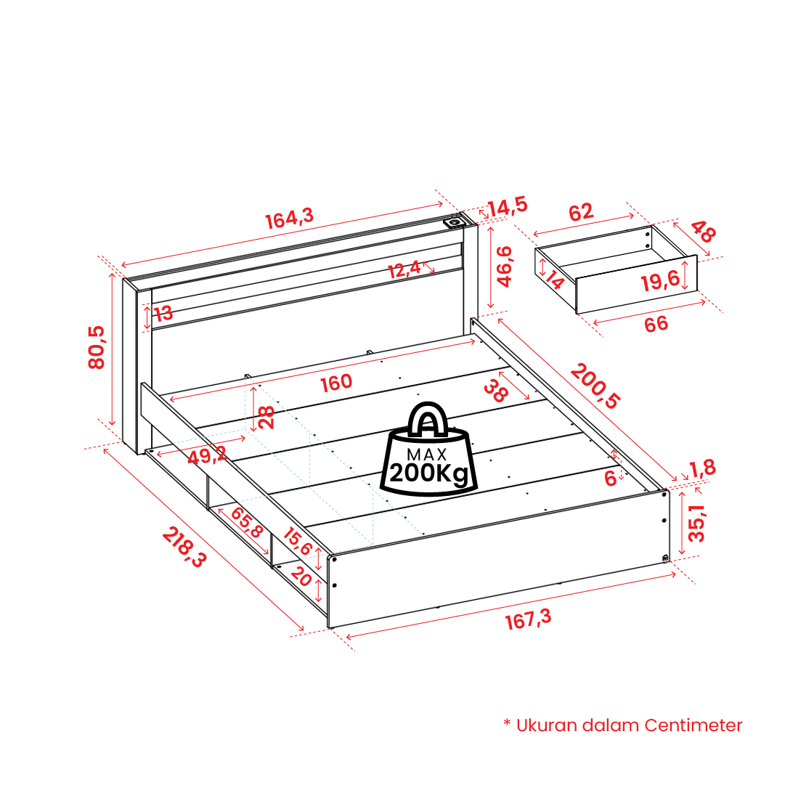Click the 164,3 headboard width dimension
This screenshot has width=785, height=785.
pos(289,219)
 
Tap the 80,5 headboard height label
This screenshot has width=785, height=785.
pos(96,347)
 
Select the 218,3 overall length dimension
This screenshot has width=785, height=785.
pos(184,548)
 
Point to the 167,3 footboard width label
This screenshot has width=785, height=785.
pos(528,619)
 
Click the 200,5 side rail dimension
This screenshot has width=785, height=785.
pos(595,386)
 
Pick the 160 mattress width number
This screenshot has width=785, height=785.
pos(336,383)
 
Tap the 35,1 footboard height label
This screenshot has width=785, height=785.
pos(696,524)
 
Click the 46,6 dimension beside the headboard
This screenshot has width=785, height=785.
pos(503,267)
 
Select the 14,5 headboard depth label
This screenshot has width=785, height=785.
pos(508,206)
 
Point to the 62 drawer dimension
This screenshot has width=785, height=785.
pos(581,212)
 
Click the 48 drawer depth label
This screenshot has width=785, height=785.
pos(703,232)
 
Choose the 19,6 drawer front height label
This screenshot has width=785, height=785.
pos(661,281)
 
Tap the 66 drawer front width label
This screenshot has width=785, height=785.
pos(656,325)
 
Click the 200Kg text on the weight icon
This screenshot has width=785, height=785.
pos(430,473)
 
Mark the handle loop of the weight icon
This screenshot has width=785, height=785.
pos(427,418)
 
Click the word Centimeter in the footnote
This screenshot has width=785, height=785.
pos(694,725)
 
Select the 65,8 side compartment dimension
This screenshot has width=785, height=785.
pos(247,522)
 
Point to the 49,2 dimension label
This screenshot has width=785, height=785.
pos(207,455)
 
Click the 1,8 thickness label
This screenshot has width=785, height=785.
pos(703,469)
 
